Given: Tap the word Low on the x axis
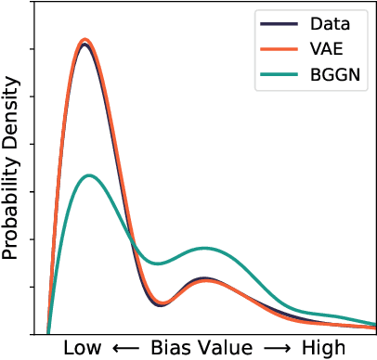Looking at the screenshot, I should click(x=84, y=348).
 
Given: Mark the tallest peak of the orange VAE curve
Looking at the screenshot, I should click(x=86, y=40).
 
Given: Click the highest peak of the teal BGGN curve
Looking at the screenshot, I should click(x=89, y=174).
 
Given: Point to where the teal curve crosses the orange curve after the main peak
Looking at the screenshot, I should click(x=135, y=246).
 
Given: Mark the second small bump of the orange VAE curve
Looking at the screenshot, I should click(x=204, y=279).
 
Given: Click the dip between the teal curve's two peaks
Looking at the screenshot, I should click(x=161, y=264).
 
